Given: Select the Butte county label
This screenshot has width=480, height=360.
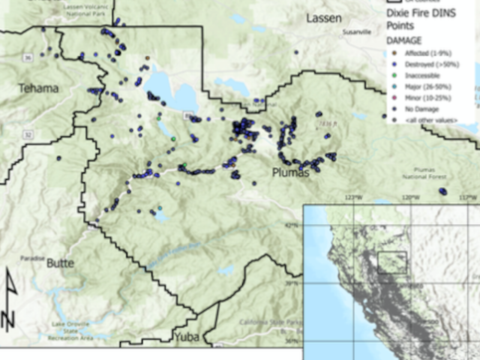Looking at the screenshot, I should pyautogui.click(x=60, y=263).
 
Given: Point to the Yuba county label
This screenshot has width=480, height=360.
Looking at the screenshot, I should pyautogui.click(x=187, y=337).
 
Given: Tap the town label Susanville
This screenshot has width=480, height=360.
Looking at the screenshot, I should pyautogui.click(x=357, y=33).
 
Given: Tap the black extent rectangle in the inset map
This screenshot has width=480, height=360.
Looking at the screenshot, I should pyautogui.click(x=391, y=264).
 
